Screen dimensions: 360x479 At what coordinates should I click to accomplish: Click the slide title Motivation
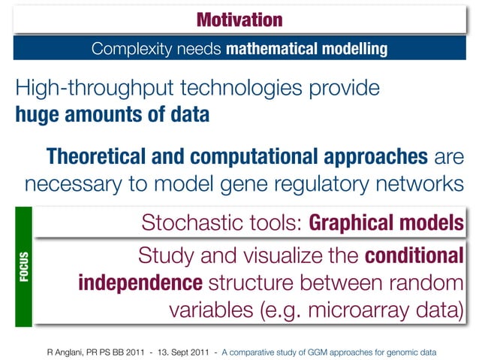[239, 19]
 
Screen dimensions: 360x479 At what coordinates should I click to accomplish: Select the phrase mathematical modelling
[306, 50]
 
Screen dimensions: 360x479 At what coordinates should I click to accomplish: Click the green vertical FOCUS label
[23, 268]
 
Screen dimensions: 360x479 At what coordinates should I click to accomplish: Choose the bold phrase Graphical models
[385, 223]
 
